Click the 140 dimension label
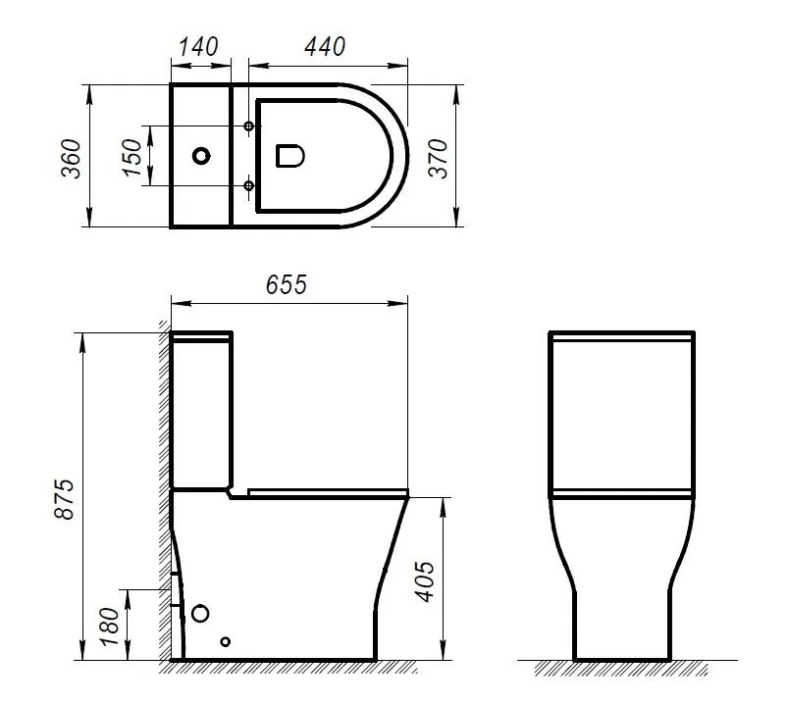point(198,47)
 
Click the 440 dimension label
point(325,47)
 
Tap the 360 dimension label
point(71,159)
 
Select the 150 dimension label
point(131,157)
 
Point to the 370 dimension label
point(438,159)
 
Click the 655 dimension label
point(286,284)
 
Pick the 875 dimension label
point(65,499)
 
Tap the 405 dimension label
point(424,581)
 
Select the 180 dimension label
point(109,627)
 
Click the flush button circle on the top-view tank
point(201,156)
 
